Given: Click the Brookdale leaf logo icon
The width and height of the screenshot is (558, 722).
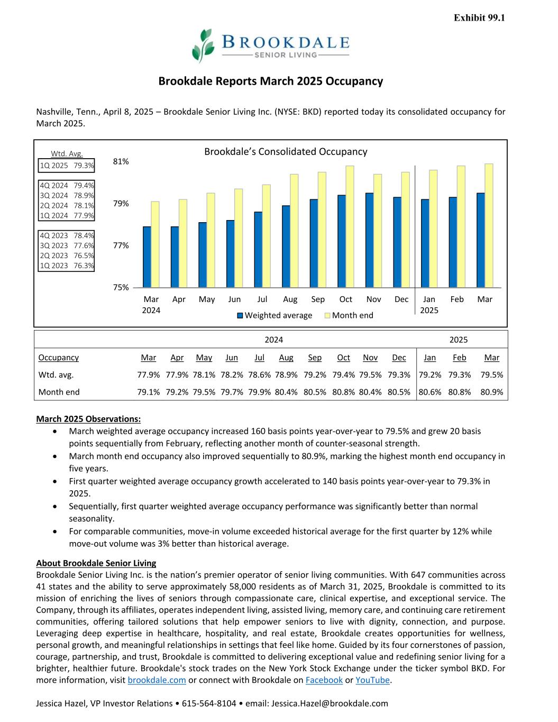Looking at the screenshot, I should pos(203,45).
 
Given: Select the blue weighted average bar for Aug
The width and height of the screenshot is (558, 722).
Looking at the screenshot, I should pos(286,246).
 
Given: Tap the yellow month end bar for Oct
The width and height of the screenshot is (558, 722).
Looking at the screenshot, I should pos(350,226).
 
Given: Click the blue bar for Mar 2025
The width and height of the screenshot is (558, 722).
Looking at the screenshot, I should pos(480,240).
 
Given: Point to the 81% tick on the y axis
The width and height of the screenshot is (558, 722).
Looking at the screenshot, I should pos(121,161).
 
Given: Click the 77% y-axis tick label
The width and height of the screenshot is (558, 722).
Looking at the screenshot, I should pos(121,245).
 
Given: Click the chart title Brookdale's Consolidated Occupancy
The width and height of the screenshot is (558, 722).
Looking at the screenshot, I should pos(286,152).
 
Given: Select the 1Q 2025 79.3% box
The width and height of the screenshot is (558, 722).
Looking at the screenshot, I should pos(67,166).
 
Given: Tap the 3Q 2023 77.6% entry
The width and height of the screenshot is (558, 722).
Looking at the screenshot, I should pos(67,245).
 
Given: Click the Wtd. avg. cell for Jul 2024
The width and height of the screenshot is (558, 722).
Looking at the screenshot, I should pos(259,374).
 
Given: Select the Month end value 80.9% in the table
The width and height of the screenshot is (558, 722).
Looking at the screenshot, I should pos(491,392).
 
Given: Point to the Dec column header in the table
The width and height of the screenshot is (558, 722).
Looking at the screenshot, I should pos(399,358).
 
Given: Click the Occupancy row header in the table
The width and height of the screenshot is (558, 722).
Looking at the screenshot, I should pos(58,358).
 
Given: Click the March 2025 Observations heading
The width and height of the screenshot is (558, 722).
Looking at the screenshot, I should pos(88,419).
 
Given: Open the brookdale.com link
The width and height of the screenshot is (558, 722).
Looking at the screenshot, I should pos(157,680).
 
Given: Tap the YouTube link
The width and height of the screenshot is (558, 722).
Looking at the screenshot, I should pos(372,680).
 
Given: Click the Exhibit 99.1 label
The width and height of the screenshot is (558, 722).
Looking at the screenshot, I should pos(479,18).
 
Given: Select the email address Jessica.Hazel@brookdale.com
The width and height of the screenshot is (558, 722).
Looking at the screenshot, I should pos(330,703).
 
